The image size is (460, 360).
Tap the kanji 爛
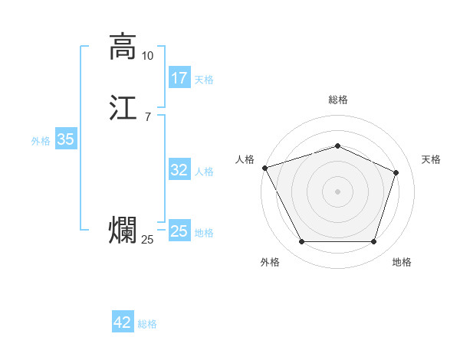pyautogui.click(x=122, y=231)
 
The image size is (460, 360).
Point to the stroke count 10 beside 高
pyautogui.click(x=148, y=56)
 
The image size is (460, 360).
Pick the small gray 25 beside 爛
pyautogui.click(x=148, y=241)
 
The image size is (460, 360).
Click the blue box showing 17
pyautogui.click(x=179, y=78)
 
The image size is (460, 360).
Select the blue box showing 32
pyautogui.click(x=179, y=170)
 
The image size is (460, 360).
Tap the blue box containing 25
pyautogui.click(x=179, y=231)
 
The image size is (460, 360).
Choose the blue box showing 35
pyautogui.click(x=66, y=139)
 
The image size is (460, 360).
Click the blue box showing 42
pyautogui.click(x=123, y=322)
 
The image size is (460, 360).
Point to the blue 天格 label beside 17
pyautogui.click(x=204, y=79)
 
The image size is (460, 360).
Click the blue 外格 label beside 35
pyautogui.click(x=41, y=140)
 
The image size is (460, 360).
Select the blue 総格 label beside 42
pyautogui.click(x=147, y=324)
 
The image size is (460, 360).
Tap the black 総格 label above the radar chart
pyautogui.click(x=337, y=100)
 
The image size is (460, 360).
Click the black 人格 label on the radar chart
pyautogui.click(x=245, y=159)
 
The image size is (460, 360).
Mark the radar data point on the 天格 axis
pyautogui.click(x=396, y=172)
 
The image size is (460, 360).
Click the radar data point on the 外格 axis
pyautogui.click(x=301, y=242)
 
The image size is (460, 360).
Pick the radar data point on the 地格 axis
pyautogui.click(x=374, y=242)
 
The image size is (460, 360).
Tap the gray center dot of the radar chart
pyautogui.click(x=337, y=191)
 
